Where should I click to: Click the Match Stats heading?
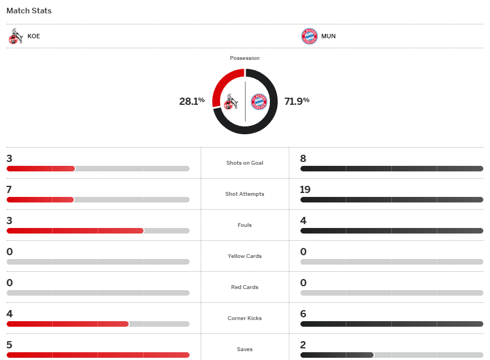coord(29,11)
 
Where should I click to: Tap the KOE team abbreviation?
coord(34,37)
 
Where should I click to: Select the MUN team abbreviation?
coord(328,37)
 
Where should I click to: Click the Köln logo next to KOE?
coord(16,37)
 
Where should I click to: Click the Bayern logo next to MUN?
coord(309,37)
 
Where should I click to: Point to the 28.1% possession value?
coord(192,101)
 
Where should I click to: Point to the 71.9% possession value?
coord(297,101)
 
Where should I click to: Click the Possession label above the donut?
coord(244,58)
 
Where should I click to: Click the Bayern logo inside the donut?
coord(259,102)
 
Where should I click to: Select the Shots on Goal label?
coord(244,163)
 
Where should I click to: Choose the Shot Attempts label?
coord(244,194)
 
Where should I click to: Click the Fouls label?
coord(244,225)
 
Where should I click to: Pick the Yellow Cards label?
coord(244,256)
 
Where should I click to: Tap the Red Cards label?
coord(244,287)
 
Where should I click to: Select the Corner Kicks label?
coord(244,318)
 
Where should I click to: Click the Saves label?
coord(244,349)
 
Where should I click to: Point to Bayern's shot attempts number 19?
coord(305,190)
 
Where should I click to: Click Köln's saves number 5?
coord(9,345)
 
